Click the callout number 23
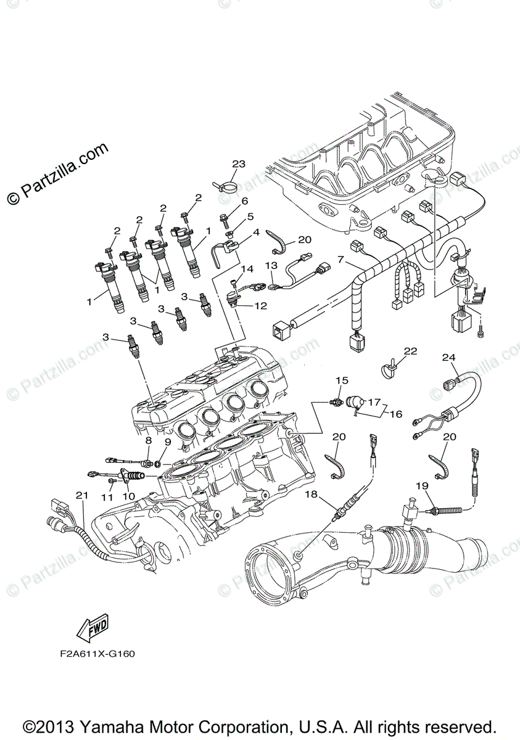coord(239,164)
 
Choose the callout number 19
coord(422,486)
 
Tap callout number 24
coord(448,357)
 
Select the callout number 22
coord(410,351)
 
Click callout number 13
coord(272,265)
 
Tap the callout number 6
coord(244,201)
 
